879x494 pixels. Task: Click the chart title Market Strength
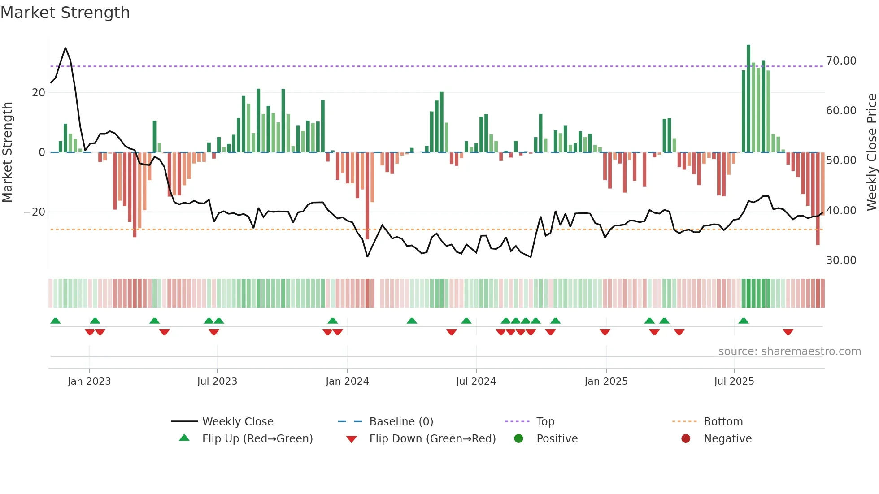pos(65,13)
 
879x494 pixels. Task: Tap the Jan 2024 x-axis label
pos(347,381)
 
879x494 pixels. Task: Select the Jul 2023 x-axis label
pos(217,381)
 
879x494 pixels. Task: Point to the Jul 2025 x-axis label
pos(734,381)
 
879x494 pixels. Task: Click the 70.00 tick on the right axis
pos(841,61)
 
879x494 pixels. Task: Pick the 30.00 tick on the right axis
pos(841,260)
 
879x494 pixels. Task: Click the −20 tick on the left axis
pos(35,212)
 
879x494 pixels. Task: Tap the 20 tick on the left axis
pos(39,93)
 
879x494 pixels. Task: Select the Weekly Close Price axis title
pos(871,152)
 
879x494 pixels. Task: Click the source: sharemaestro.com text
pos(789,351)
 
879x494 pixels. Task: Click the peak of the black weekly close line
pos(65,48)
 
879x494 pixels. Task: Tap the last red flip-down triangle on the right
pos(788,332)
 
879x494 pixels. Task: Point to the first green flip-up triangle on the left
pos(56,321)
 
